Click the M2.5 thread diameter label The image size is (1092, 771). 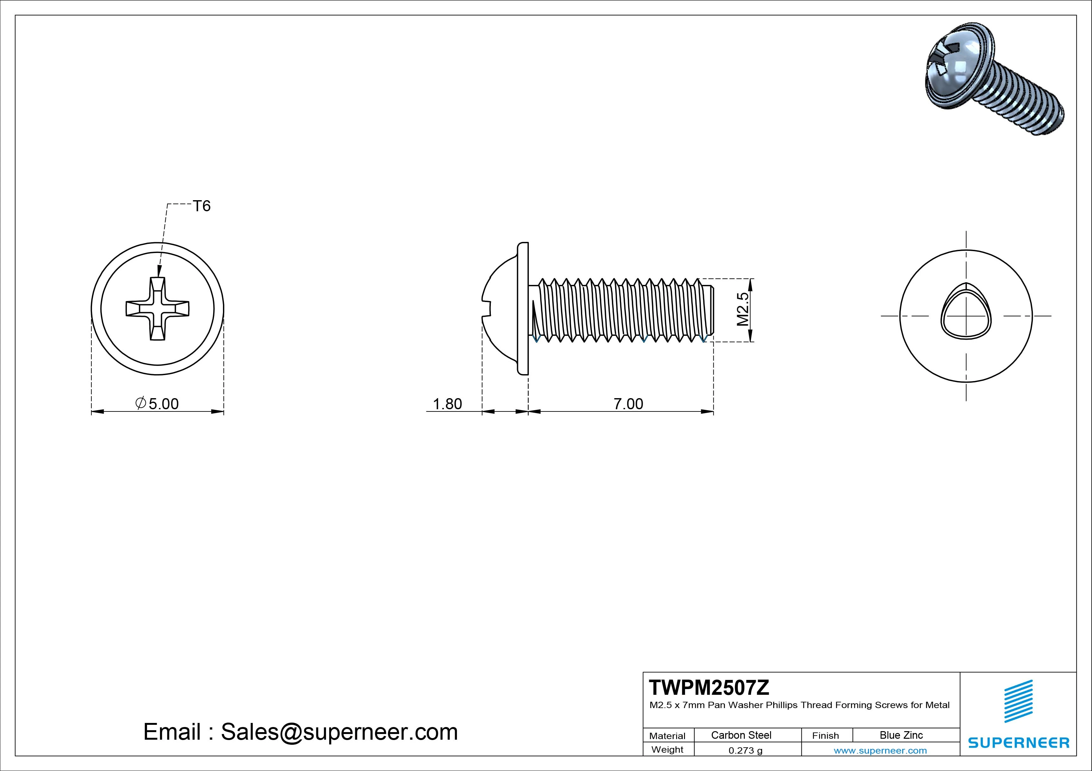[743, 309]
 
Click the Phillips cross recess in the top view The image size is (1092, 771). [157, 309]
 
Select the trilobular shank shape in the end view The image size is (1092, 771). [966, 316]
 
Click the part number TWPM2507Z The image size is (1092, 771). [709, 688]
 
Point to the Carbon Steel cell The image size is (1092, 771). [741, 735]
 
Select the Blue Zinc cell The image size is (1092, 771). [901, 735]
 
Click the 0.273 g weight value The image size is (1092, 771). [745, 750]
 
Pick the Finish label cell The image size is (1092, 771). [826, 735]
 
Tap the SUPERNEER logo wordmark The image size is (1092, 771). [1019, 743]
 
